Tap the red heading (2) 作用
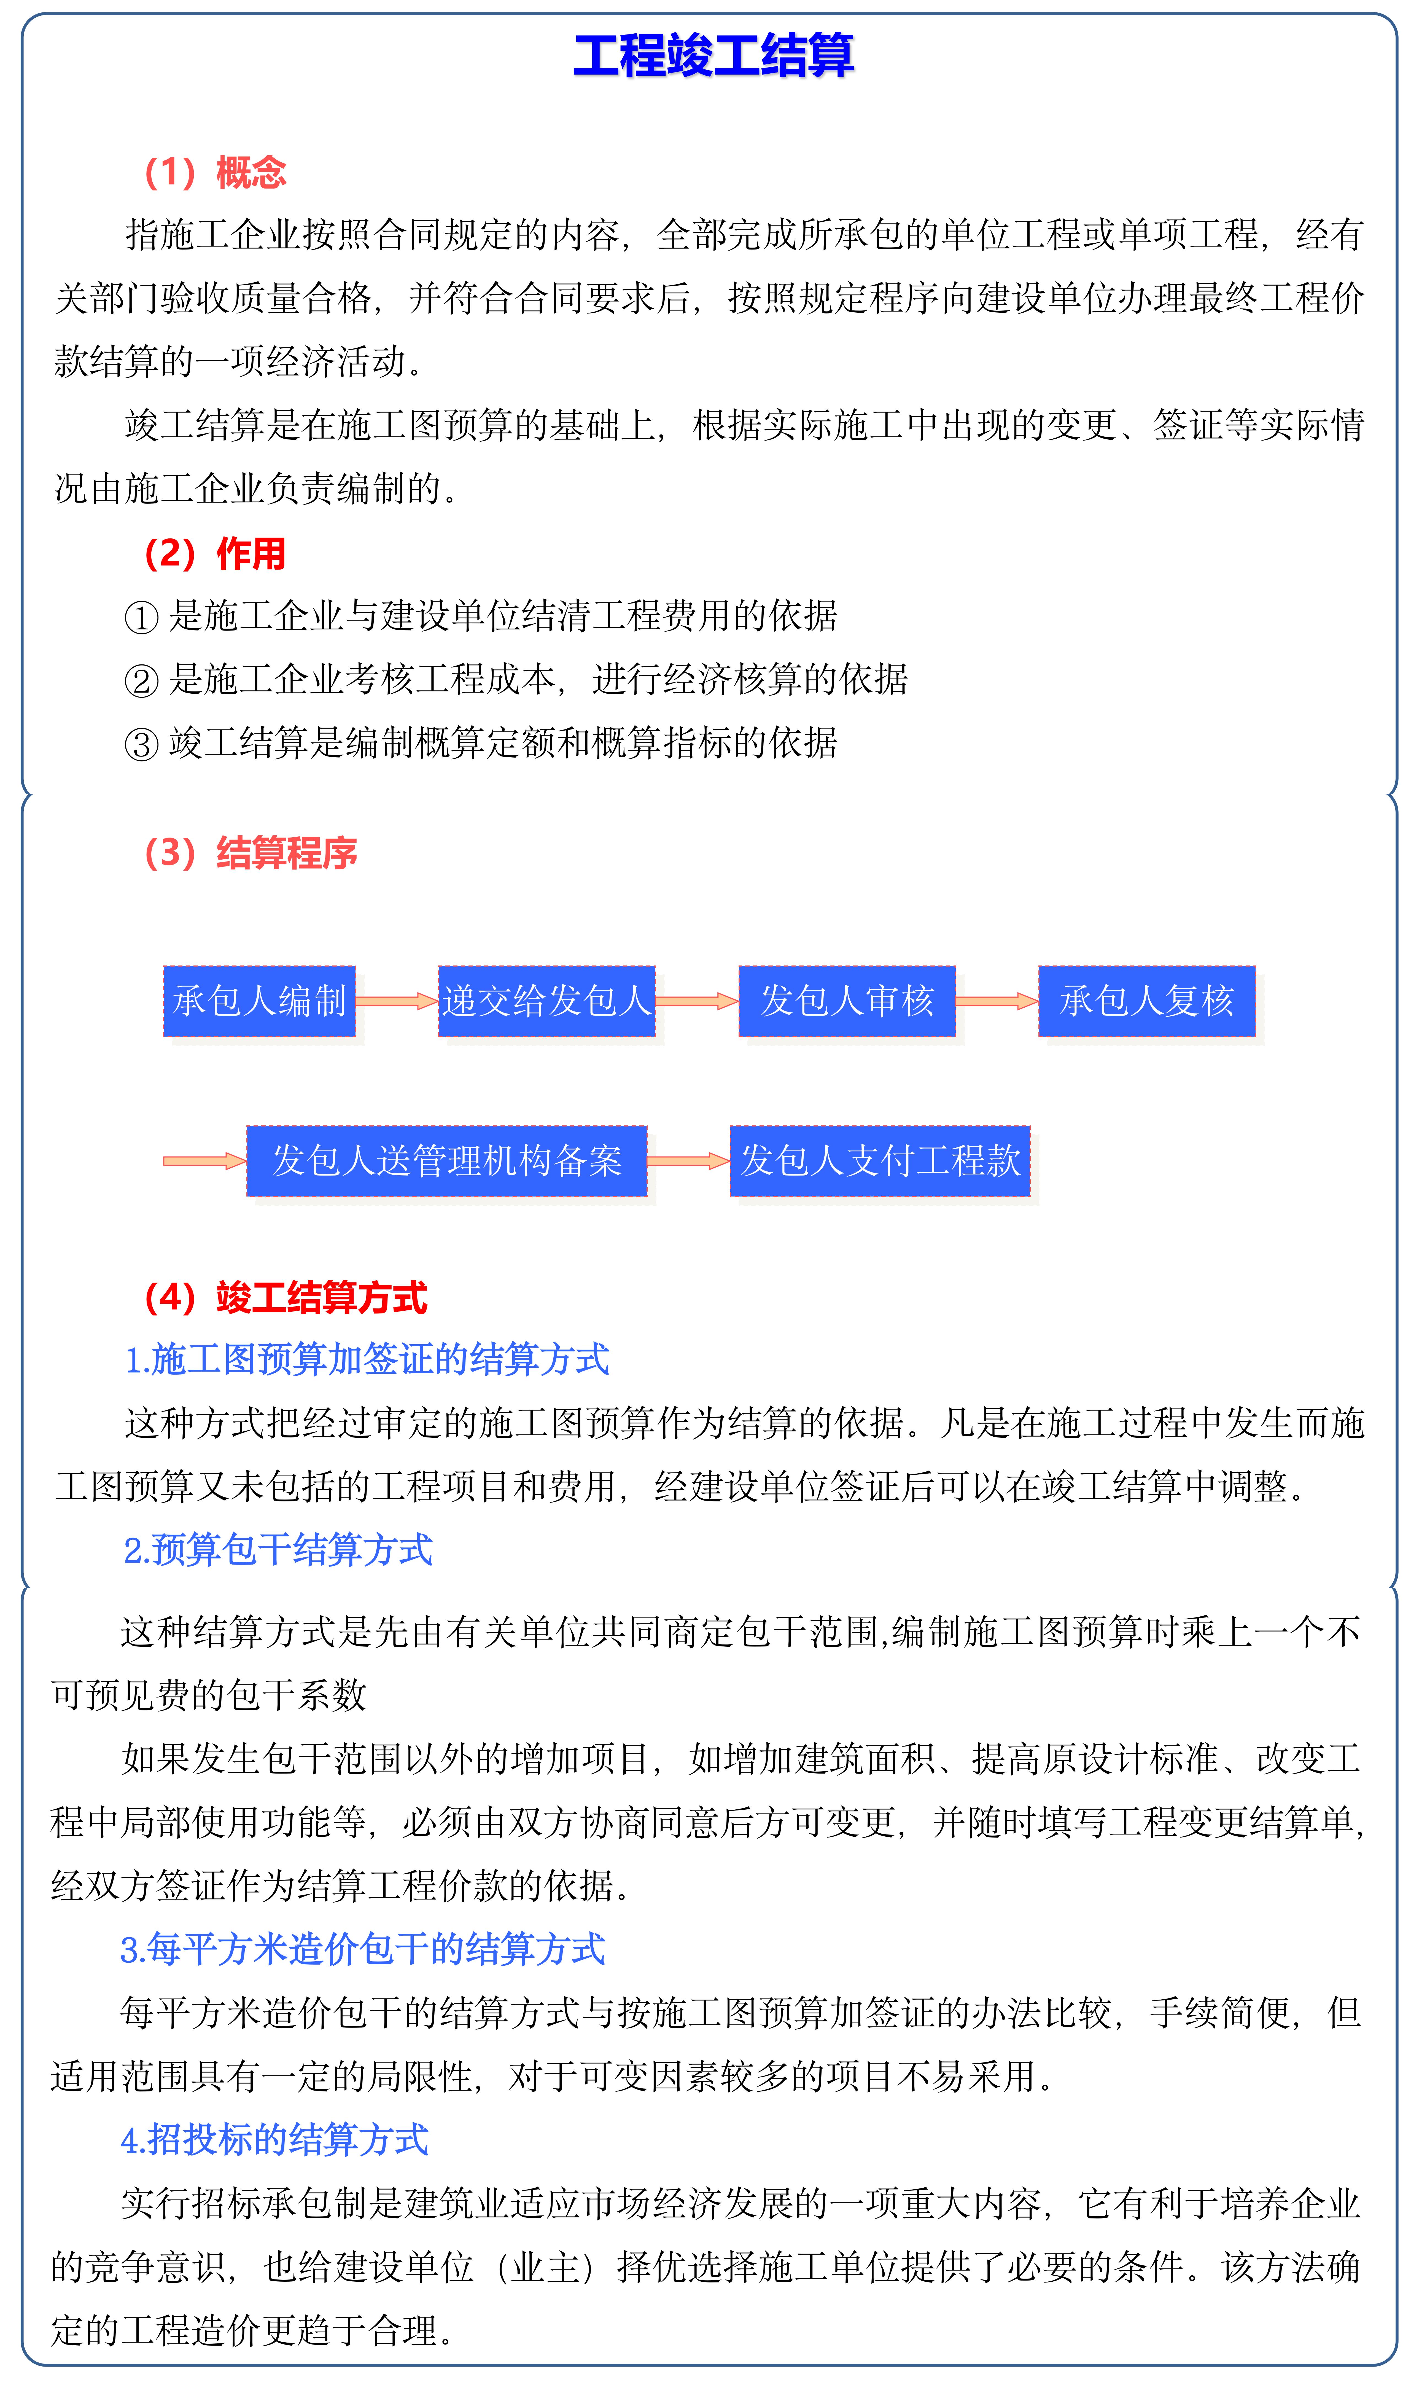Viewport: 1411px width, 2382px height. (215, 553)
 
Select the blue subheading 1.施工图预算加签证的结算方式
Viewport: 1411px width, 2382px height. (367, 1360)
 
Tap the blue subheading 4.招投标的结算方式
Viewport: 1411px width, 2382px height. (275, 2139)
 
